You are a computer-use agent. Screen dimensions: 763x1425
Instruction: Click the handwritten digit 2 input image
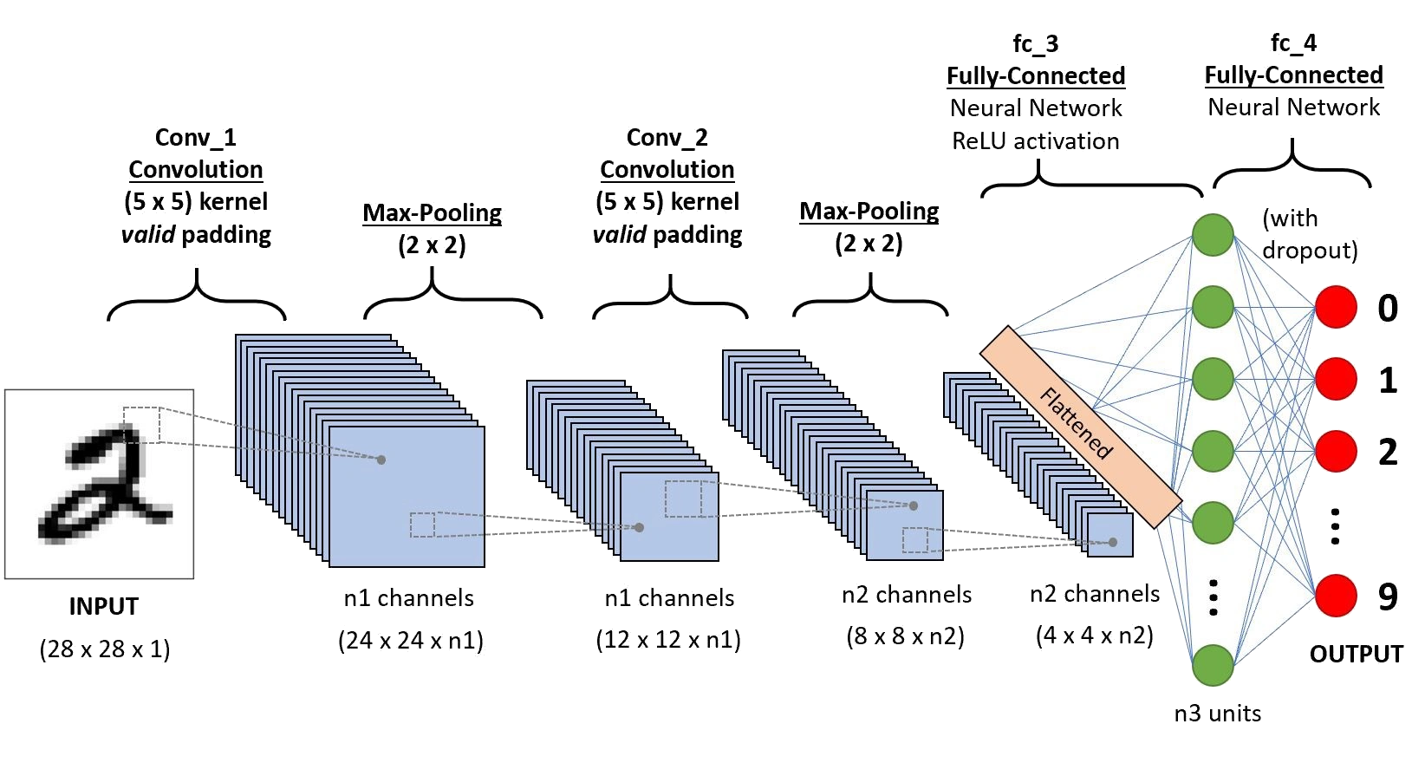[x=100, y=484]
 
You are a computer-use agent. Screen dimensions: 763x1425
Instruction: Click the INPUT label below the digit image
[x=104, y=607]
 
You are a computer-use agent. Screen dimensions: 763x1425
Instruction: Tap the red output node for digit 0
[x=1336, y=308]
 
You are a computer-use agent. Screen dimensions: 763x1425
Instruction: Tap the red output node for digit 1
[x=1336, y=379]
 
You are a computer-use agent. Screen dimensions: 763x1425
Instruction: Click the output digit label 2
[x=1388, y=452]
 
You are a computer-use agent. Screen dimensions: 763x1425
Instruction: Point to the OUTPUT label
[x=1356, y=653]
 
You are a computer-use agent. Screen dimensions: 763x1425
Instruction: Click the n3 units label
[x=1217, y=714]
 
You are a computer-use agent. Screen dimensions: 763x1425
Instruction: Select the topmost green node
[x=1213, y=234]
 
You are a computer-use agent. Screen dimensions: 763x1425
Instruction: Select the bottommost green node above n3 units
[x=1213, y=666]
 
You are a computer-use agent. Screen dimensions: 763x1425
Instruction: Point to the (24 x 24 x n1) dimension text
[x=412, y=641]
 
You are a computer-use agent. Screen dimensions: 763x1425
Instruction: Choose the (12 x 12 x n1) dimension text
[x=668, y=641]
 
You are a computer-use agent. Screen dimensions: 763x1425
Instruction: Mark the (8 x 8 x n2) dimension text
[x=906, y=636]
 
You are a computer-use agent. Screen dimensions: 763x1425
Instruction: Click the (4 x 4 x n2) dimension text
[x=1095, y=636]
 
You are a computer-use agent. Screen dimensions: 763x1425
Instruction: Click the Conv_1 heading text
[x=195, y=137]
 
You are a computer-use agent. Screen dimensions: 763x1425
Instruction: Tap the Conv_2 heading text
[x=667, y=137]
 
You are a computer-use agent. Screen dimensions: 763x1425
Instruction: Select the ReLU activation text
[x=1036, y=141]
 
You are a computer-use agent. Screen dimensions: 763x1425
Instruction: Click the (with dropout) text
[x=1309, y=234]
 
